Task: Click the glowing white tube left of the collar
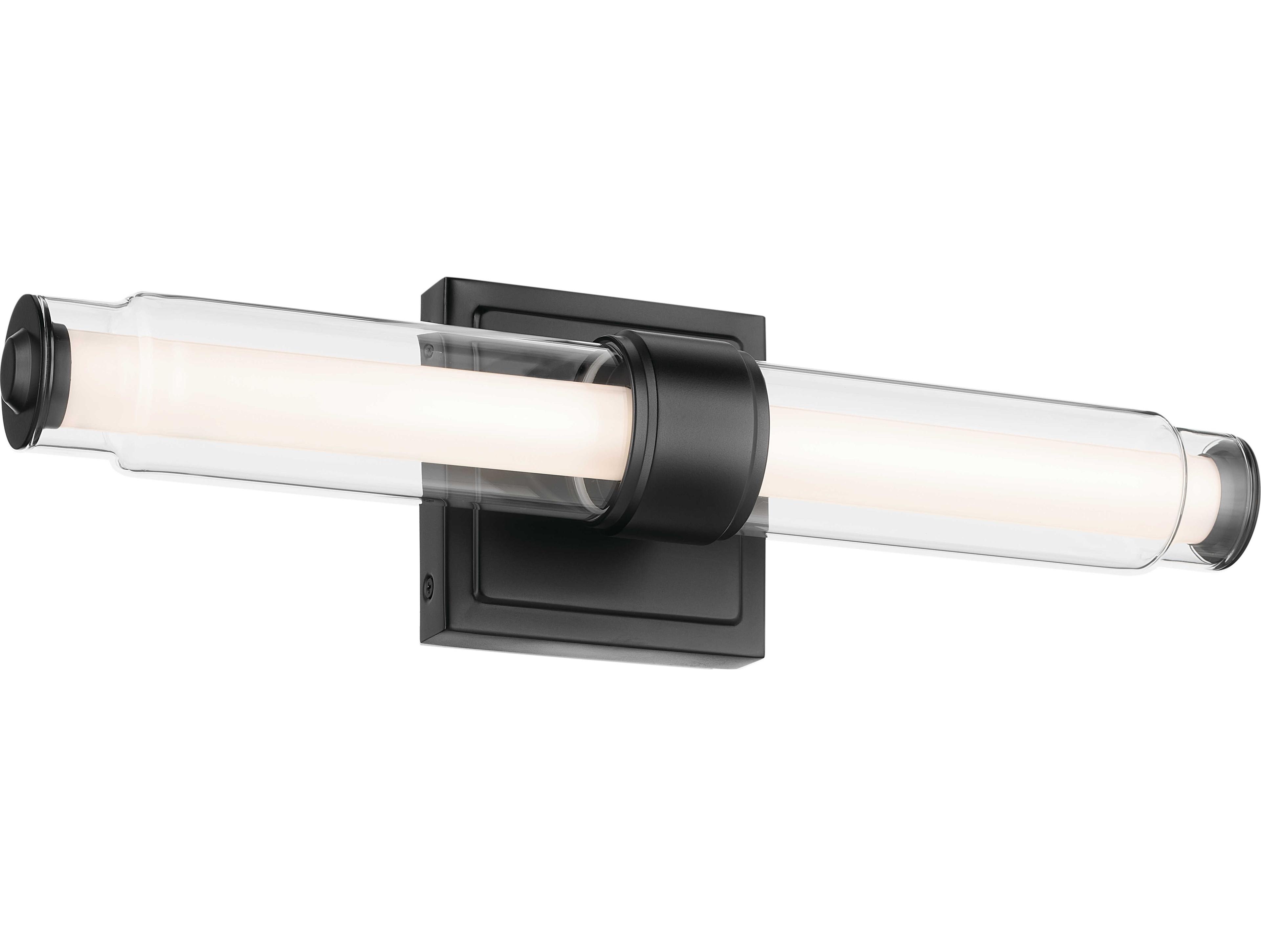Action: click(x=342, y=399)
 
